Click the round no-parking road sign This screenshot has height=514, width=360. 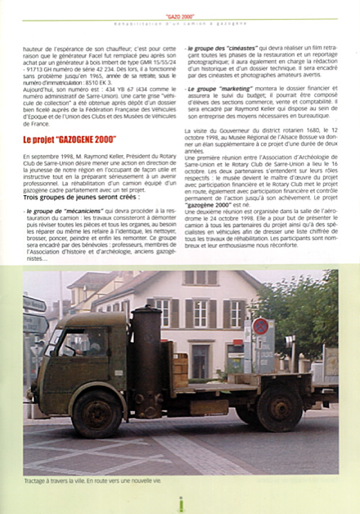260,327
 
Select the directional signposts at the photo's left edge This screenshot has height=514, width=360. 35,318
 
